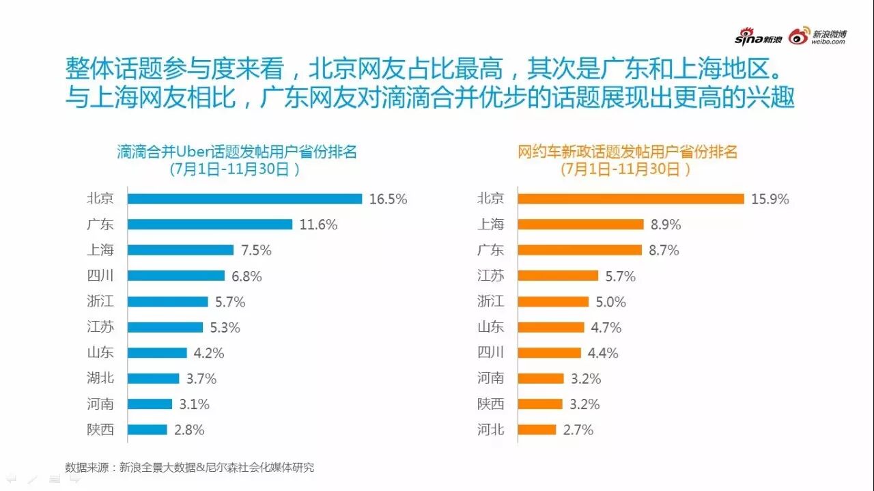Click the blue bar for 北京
[x=244, y=199]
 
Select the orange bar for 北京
[x=630, y=199]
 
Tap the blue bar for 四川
[x=175, y=276]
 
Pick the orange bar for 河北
[x=537, y=430]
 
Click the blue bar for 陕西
[x=147, y=430]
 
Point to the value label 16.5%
[x=388, y=199]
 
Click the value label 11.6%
[x=318, y=225]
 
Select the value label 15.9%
[x=770, y=199]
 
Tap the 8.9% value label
[x=665, y=225]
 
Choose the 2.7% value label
[x=578, y=430]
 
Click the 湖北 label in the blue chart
[x=100, y=378]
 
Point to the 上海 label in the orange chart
[x=490, y=225]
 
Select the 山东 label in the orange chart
[x=490, y=327]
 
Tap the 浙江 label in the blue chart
[x=100, y=301]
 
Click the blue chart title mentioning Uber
[x=236, y=152]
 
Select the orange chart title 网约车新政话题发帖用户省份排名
[x=627, y=152]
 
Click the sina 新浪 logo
[x=758, y=38]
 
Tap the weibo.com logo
[x=818, y=37]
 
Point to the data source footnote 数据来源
[x=190, y=468]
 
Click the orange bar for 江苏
[x=559, y=276]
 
